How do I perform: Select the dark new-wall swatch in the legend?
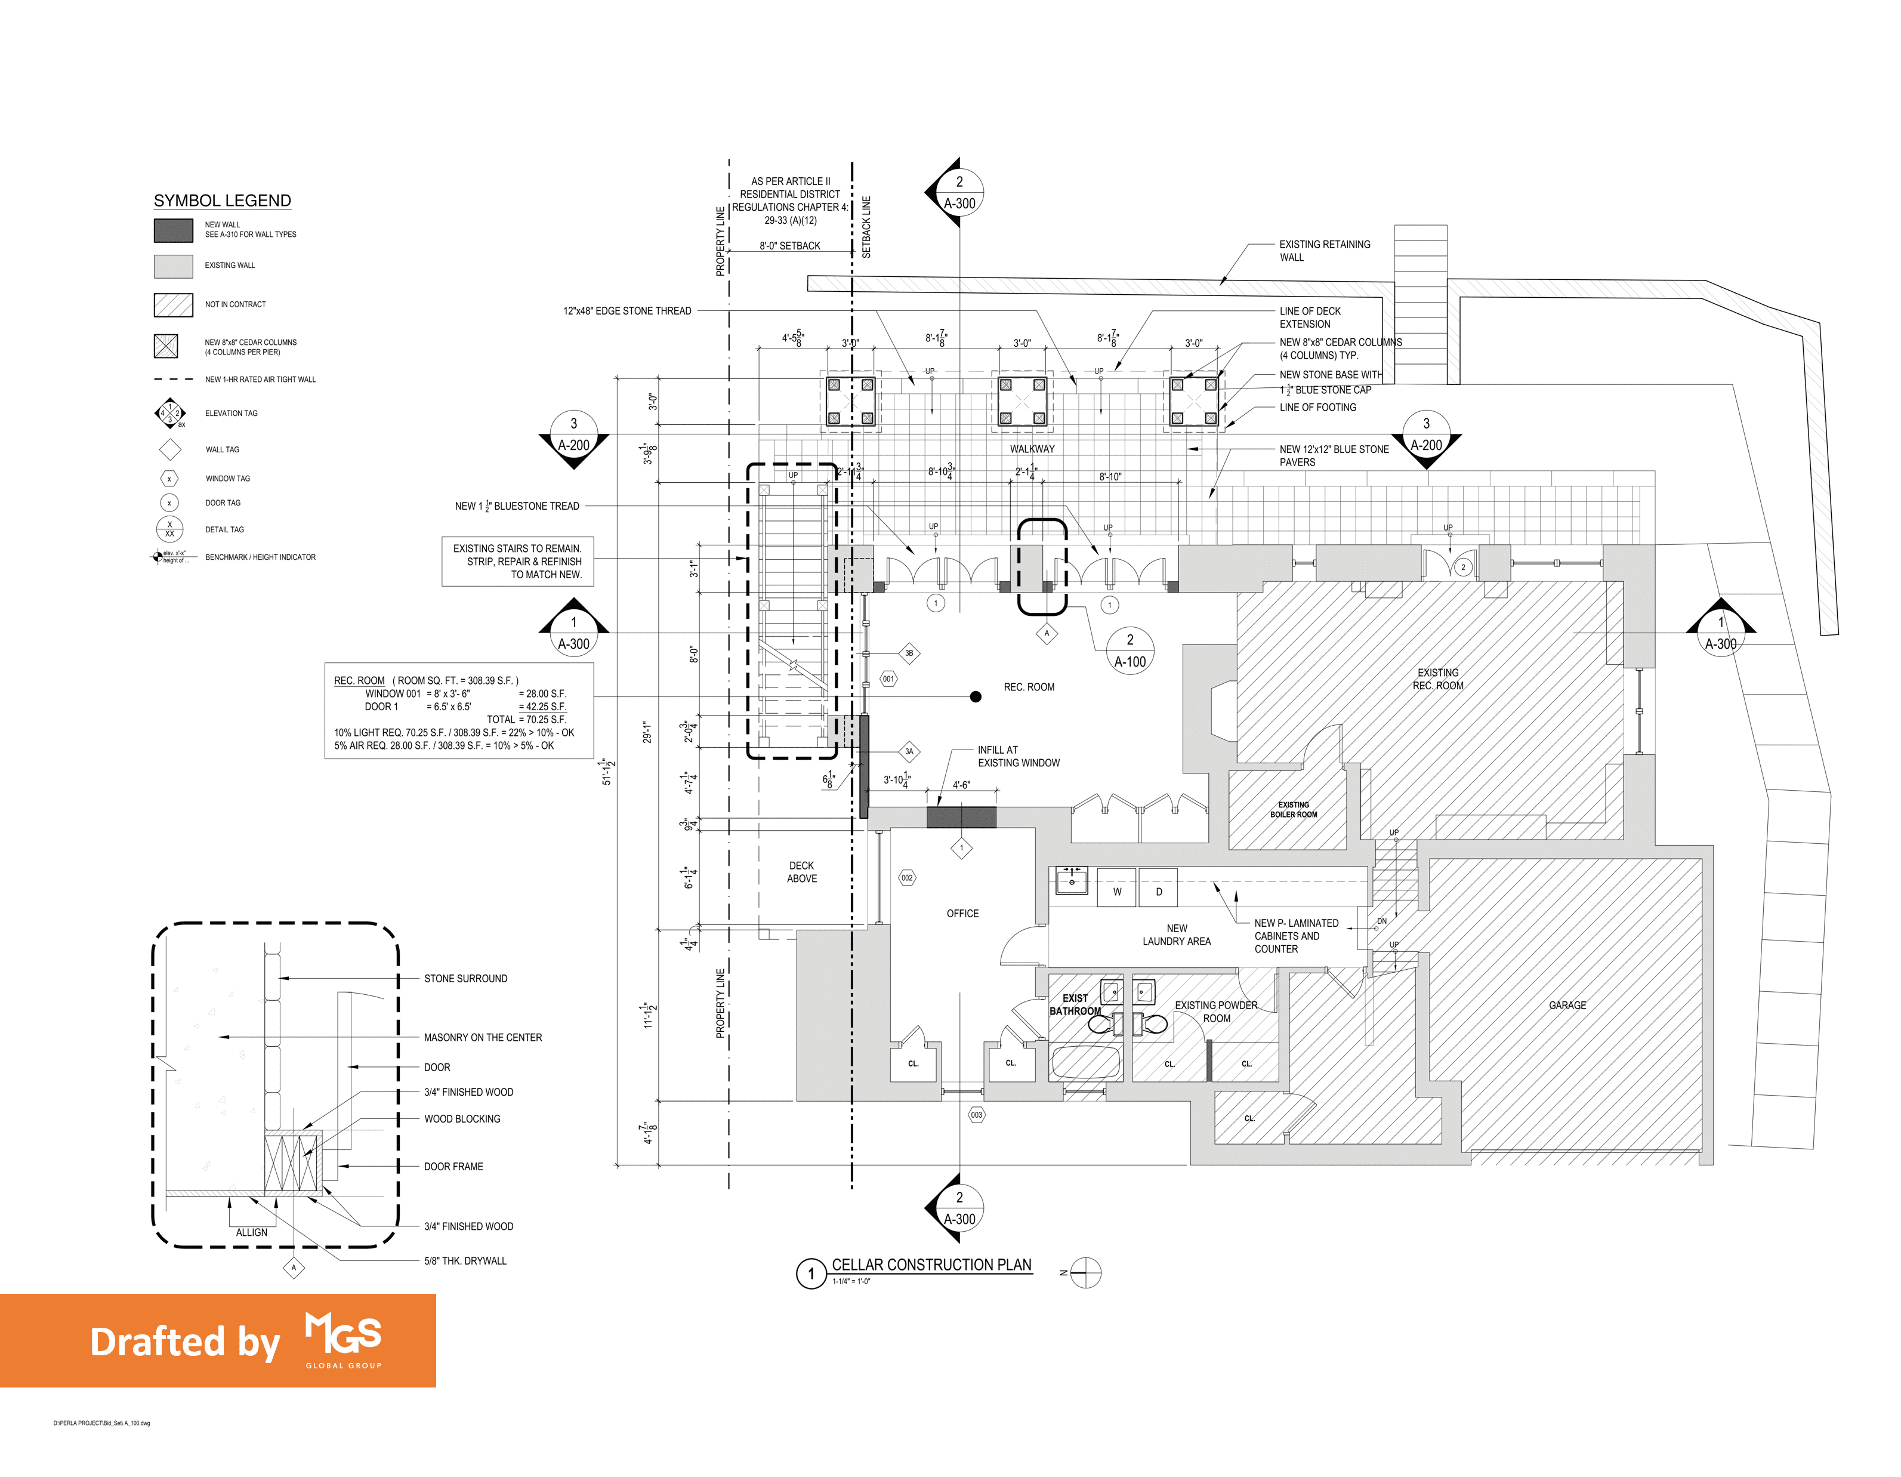tap(173, 230)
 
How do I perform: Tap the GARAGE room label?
tap(1567, 1006)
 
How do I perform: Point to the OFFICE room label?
tap(962, 913)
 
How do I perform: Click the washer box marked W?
tap(1117, 891)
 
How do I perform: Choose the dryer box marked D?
tap(1159, 891)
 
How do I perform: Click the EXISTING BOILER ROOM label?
tap(1294, 809)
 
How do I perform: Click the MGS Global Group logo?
tap(343, 1340)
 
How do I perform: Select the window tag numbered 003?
tap(977, 1115)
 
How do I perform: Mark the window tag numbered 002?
tap(907, 878)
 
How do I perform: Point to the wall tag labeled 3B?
tap(909, 653)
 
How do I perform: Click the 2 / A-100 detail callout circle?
tap(1130, 650)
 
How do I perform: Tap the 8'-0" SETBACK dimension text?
tap(789, 246)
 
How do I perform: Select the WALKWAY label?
tap(1032, 449)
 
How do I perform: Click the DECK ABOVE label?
tap(802, 872)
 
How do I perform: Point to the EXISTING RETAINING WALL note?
tap(1324, 251)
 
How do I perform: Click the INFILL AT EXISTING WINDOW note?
tap(1019, 756)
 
